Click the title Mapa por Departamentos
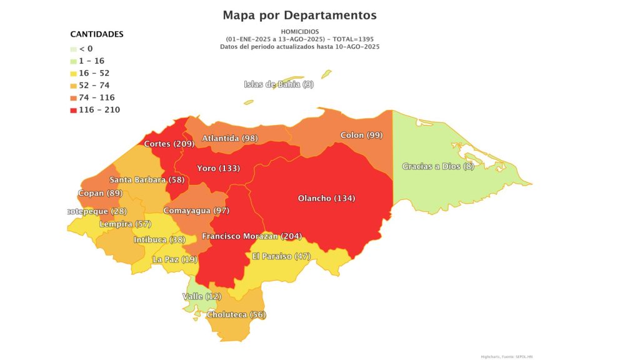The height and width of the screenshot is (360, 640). [x=299, y=14]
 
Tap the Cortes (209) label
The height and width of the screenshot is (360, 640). [x=169, y=144]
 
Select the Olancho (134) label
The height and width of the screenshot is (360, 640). [x=326, y=199]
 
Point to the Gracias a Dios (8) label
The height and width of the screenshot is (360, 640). [x=438, y=166]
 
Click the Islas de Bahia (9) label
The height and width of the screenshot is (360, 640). [x=279, y=84]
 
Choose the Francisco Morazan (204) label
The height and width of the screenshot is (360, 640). [x=252, y=236]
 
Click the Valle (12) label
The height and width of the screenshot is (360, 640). [x=202, y=296]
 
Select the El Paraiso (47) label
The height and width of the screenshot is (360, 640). [x=281, y=256]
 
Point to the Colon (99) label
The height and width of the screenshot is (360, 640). [x=361, y=136]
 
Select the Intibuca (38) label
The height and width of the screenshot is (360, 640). [x=159, y=240]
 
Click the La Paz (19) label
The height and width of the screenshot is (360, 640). [x=175, y=259]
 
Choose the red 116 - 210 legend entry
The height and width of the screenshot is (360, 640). [x=95, y=110]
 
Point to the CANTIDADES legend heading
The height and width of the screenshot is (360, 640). [x=97, y=34]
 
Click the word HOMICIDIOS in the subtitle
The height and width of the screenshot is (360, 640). [x=299, y=31]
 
